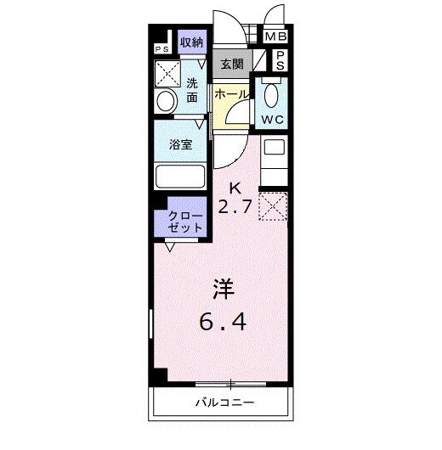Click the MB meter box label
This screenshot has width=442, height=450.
pos(275,37)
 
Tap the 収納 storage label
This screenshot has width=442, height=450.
pos(192,42)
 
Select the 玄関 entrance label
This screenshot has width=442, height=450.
pos(232,64)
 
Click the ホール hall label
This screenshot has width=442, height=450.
pos(230,94)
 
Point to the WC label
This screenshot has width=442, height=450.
pos(273,120)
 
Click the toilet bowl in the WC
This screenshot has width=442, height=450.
pos(272,95)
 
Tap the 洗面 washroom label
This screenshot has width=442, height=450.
pos(192,90)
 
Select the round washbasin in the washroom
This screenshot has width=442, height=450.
pos(166,101)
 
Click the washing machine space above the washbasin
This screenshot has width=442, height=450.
pos(167,74)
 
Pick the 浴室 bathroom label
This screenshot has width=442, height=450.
pos(180,144)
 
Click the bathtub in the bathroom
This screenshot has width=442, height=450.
pos(180,177)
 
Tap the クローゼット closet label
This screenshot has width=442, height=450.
pos(185,222)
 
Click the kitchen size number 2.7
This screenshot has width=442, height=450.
pos(235,206)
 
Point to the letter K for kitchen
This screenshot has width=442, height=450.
pos(235,188)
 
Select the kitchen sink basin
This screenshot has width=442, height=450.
pos(275,147)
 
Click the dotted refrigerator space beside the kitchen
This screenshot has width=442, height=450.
pos(273,206)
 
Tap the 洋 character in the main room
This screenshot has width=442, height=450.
pos(224,289)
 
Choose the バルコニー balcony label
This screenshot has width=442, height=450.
pos(224,402)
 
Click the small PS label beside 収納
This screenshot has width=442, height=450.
pos(161,49)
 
